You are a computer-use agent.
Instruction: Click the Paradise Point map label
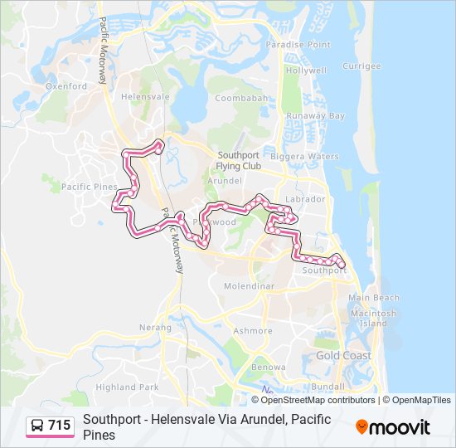pyautogui.click(x=298, y=45)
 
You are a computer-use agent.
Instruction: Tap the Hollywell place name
pyautogui.click(x=306, y=71)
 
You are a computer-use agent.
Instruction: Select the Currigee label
pyautogui.click(x=361, y=66)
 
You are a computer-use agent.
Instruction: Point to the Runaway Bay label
pyautogui.click(x=314, y=116)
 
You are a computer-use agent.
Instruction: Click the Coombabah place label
pyautogui.click(x=241, y=98)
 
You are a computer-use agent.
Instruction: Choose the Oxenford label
pyautogui.click(x=66, y=85)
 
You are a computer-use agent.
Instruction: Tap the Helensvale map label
pyautogui.click(x=145, y=96)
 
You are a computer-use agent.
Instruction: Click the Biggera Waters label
pyautogui.click(x=311, y=156)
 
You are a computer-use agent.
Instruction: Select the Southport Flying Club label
pyautogui.click(x=239, y=160)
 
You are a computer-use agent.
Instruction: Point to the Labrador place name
pyautogui.click(x=304, y=199)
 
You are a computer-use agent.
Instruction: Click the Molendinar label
pyautogui.click(x=249, y=286)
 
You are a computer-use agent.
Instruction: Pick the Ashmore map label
pyautogui.click(x=252, y=330)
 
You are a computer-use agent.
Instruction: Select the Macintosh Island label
pyautogui.click(x=373, y=319)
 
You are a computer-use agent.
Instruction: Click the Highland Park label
pyautogui.click(x=127, y=387)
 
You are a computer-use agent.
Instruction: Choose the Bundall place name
pyautogui.click(x=329, y=387)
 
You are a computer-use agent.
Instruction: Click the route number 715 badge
pyautogui.click(x=51, y=426)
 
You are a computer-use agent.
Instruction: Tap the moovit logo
pyautogui.click(x=393, y=427)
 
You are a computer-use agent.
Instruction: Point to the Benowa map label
pyautogui.click(x=269, y=367)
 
